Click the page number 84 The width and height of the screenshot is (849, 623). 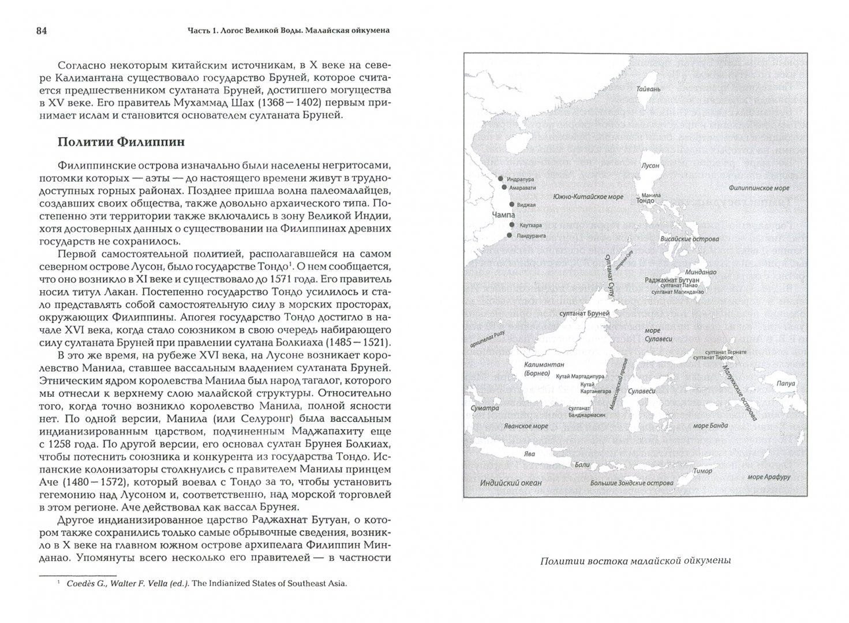40,31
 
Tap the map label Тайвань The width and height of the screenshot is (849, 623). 648,90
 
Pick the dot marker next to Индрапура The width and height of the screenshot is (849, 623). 500,179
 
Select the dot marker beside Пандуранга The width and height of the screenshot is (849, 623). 509,235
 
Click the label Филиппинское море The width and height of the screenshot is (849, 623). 758,188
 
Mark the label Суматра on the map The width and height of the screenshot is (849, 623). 484,408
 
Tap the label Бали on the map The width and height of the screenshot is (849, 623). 582,464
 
